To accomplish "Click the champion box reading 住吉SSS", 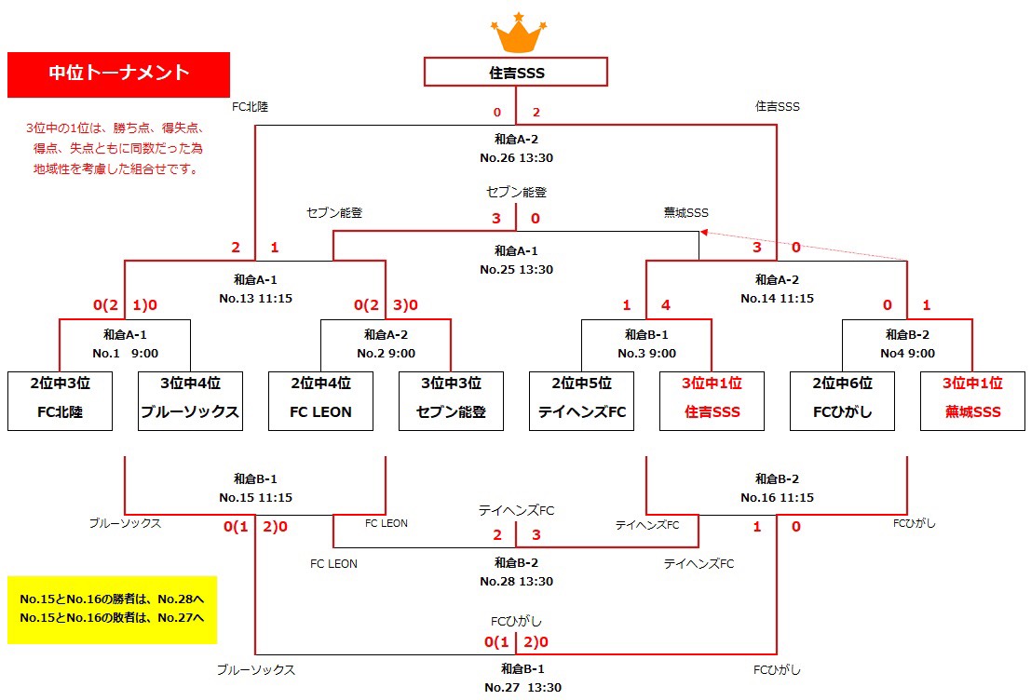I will pos(516,72).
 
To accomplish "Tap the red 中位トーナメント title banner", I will pos(118,74).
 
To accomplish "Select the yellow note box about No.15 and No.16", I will pos(112,609).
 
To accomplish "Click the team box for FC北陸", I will pos(60,401).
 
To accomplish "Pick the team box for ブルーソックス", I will pos(190,401).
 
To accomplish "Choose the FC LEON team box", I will pos(320,401).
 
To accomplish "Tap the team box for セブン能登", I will pos(451,401).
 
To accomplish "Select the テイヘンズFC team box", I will pos(581,401).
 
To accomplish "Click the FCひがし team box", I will pos(842,401).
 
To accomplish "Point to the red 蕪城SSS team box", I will pos(972,401).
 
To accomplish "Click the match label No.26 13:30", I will pos(516,158).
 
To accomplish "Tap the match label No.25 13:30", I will pos(516,270).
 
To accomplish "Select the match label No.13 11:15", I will pos(255,299).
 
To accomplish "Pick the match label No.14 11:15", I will pos(777,299).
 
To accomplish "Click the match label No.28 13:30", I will pos(516,582).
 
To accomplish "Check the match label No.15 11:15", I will pos(255,498).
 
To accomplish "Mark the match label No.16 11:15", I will pos(777,498).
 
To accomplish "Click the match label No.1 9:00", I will pos(125,354).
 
